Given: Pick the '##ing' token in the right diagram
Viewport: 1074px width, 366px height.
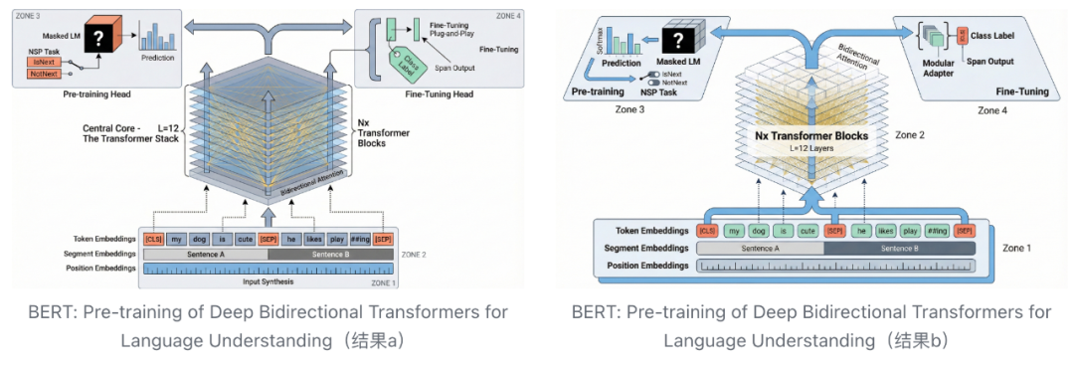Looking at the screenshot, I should click(935, 230).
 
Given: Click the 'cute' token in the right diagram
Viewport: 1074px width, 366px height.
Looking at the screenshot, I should click(806, 230).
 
